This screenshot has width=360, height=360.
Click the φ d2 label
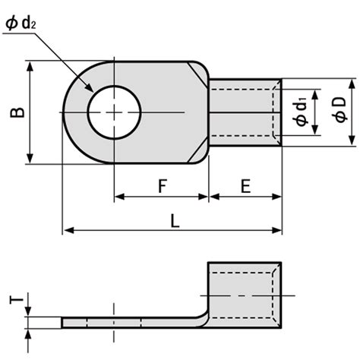pos(21,24)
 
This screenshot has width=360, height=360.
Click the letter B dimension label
pos(17,112)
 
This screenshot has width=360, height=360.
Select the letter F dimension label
pos(163,185)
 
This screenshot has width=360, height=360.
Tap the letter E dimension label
pos(245,186)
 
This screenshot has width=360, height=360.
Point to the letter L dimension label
pos(175,220)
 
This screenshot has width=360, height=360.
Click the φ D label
pos(339,109)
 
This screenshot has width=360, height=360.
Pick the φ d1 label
pos(302,112)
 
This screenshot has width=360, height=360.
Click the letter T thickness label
pos(17,300)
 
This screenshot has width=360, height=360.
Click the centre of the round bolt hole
pos(114,112)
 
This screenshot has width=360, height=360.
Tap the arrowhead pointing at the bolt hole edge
pos(90,87)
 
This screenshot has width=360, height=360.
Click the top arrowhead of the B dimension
pos(30,66)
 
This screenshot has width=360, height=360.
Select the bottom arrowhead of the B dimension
pos(30,159)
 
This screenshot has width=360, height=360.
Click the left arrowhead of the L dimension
pos(68,230)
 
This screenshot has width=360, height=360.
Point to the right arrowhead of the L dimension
pos(276,230)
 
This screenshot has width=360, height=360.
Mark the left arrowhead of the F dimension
pos(119,197)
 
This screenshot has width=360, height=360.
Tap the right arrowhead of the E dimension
pos(276,197)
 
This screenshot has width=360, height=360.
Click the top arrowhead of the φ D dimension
pos(352,84)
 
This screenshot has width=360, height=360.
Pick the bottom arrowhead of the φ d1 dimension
pos(314,130)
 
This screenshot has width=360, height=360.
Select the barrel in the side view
pos(245,295)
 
